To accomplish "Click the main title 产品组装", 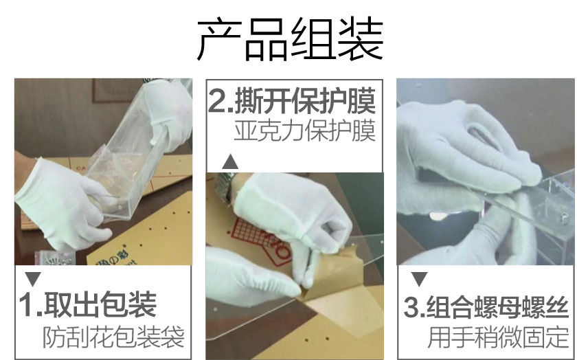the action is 291,39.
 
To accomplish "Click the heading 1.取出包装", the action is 88,305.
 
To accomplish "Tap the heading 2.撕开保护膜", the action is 292,101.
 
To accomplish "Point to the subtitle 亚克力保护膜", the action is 305,131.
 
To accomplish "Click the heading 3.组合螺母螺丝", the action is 486,307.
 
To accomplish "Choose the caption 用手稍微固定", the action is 498,337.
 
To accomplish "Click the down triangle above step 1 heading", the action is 33,279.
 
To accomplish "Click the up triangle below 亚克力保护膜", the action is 230,161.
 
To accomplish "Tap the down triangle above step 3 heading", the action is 419,279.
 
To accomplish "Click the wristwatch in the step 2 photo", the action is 223,188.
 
